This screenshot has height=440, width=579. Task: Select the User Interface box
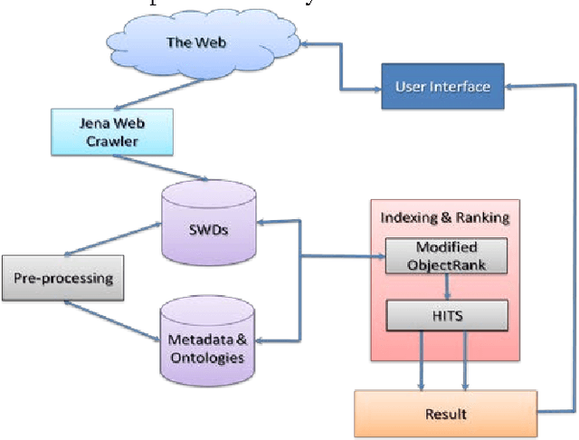pyautogui.click(x=442, y=87)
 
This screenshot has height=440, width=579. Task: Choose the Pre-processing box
pyautogui.click(x=62, y=277)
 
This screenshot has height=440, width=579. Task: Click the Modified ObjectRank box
pyautogui.click(x=447, y=256)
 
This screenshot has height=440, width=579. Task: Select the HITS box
pyautogui.click(x=447, y=316)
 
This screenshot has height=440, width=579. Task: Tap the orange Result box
pyautogui.click(x=445, y=414)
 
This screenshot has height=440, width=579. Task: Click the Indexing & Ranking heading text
pyautogui.click(x=445, y=216)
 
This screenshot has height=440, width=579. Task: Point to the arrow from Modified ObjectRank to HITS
pyautogui.click(x=447, y=287)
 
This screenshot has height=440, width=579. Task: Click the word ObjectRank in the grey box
pyautogui.click(x=446, y=264)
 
